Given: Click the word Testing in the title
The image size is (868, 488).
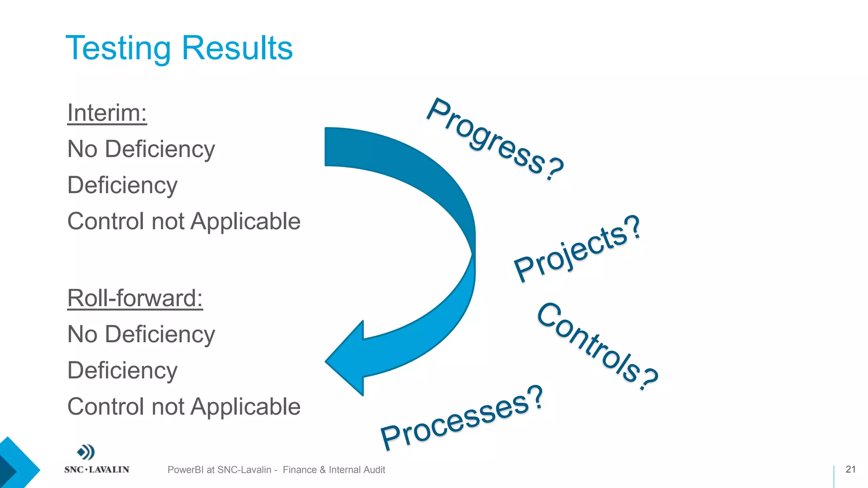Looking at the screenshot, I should [118, 49].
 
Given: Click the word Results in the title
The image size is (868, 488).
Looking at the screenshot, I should [237, 48].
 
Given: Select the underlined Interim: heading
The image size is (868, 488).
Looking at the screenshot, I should [107, 113].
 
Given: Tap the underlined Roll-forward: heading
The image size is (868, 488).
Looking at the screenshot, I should [135, 298].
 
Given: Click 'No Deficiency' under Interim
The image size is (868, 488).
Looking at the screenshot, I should [141, 149].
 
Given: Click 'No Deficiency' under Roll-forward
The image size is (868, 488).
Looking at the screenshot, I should [141, 334].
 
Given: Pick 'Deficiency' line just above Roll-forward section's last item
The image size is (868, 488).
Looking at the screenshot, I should [122, 371].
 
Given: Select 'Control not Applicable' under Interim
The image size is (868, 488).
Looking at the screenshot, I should [184, 222].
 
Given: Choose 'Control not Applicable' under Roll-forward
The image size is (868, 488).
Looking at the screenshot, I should [184, 407].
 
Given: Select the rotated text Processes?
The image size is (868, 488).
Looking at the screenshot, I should [462, 418].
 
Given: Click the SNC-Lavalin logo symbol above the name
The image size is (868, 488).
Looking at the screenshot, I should [86, 452].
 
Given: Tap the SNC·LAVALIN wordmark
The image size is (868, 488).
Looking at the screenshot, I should [97, 469].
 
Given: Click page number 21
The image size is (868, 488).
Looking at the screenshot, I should [850, 469].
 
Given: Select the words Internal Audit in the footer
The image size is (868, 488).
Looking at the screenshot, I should [357, 470].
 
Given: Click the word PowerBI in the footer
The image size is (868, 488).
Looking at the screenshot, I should [185, 470].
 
